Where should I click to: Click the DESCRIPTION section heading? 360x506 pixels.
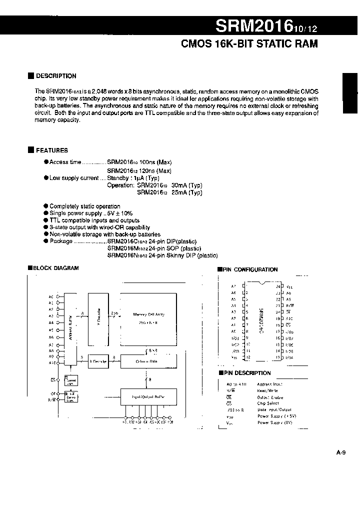coord(56,76)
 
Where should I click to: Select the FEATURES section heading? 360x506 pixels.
coord(51,150)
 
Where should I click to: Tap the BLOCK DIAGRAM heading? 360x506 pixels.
coord(56,268)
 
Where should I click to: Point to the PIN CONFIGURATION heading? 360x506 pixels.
coord(250,269)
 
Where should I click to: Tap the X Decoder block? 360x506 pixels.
coord(98,361)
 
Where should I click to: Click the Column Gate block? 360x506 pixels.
coord(148,361)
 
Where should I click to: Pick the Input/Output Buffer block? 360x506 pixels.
coord(148,396)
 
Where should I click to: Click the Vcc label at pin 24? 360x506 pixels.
coord(289,286)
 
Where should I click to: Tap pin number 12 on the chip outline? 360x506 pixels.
coord(247,357)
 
